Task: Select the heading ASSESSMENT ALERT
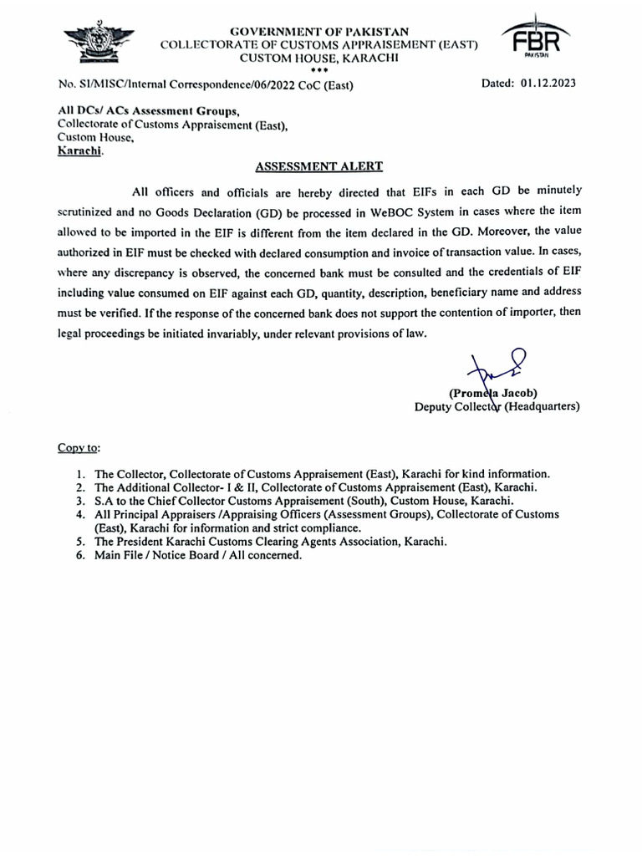pyautogui.click(x=320, y=167)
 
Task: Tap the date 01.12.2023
pyautogui.click(x=548, y=84)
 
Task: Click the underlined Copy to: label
pyautogui.click(x=79, y=447)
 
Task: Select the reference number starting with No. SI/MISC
pyautogui.click(x=206, y=85)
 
